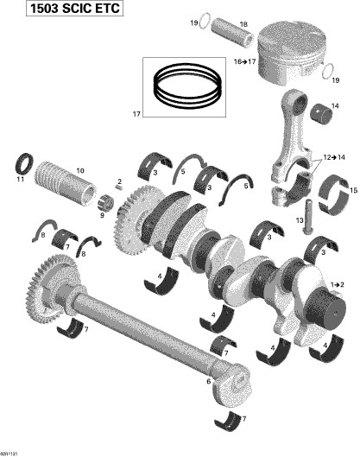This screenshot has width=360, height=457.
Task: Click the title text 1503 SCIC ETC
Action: [x=61, y=10]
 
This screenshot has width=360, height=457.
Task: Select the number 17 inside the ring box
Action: [x=157, y=113]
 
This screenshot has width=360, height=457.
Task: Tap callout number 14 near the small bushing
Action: [x=335, y=106]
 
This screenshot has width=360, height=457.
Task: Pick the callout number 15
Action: [x=351, y=189]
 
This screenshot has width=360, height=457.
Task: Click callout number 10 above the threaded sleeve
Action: [x=80, y=170]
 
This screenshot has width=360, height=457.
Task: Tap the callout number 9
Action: [x=104, y=216]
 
